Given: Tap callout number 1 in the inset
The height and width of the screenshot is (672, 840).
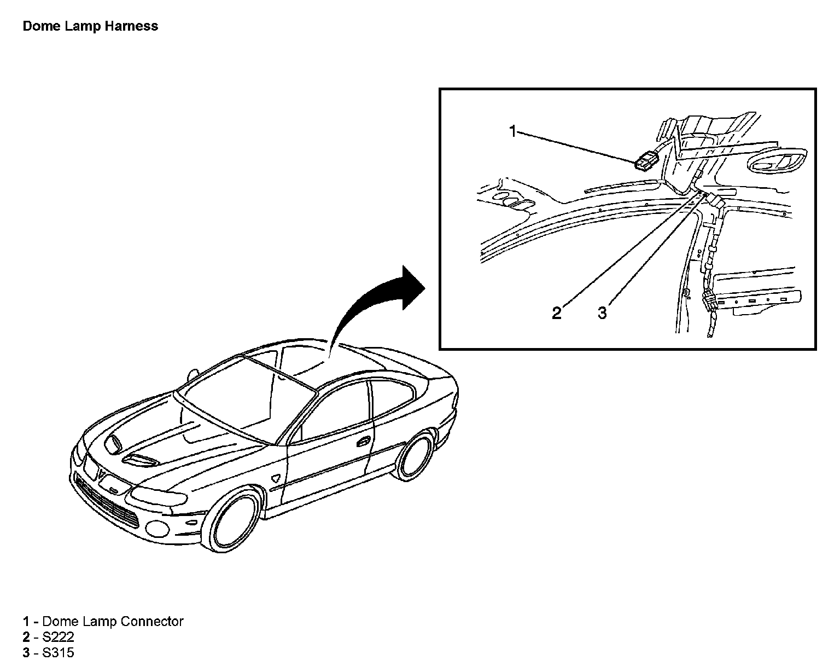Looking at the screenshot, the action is [x=513, y=131].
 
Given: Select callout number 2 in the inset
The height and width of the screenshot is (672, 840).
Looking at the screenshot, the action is [x=556, y=313].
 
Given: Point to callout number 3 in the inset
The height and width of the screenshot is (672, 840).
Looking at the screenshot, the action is [x=602, y=313].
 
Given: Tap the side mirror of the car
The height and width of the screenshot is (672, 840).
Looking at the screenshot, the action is [x=192, y=375].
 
